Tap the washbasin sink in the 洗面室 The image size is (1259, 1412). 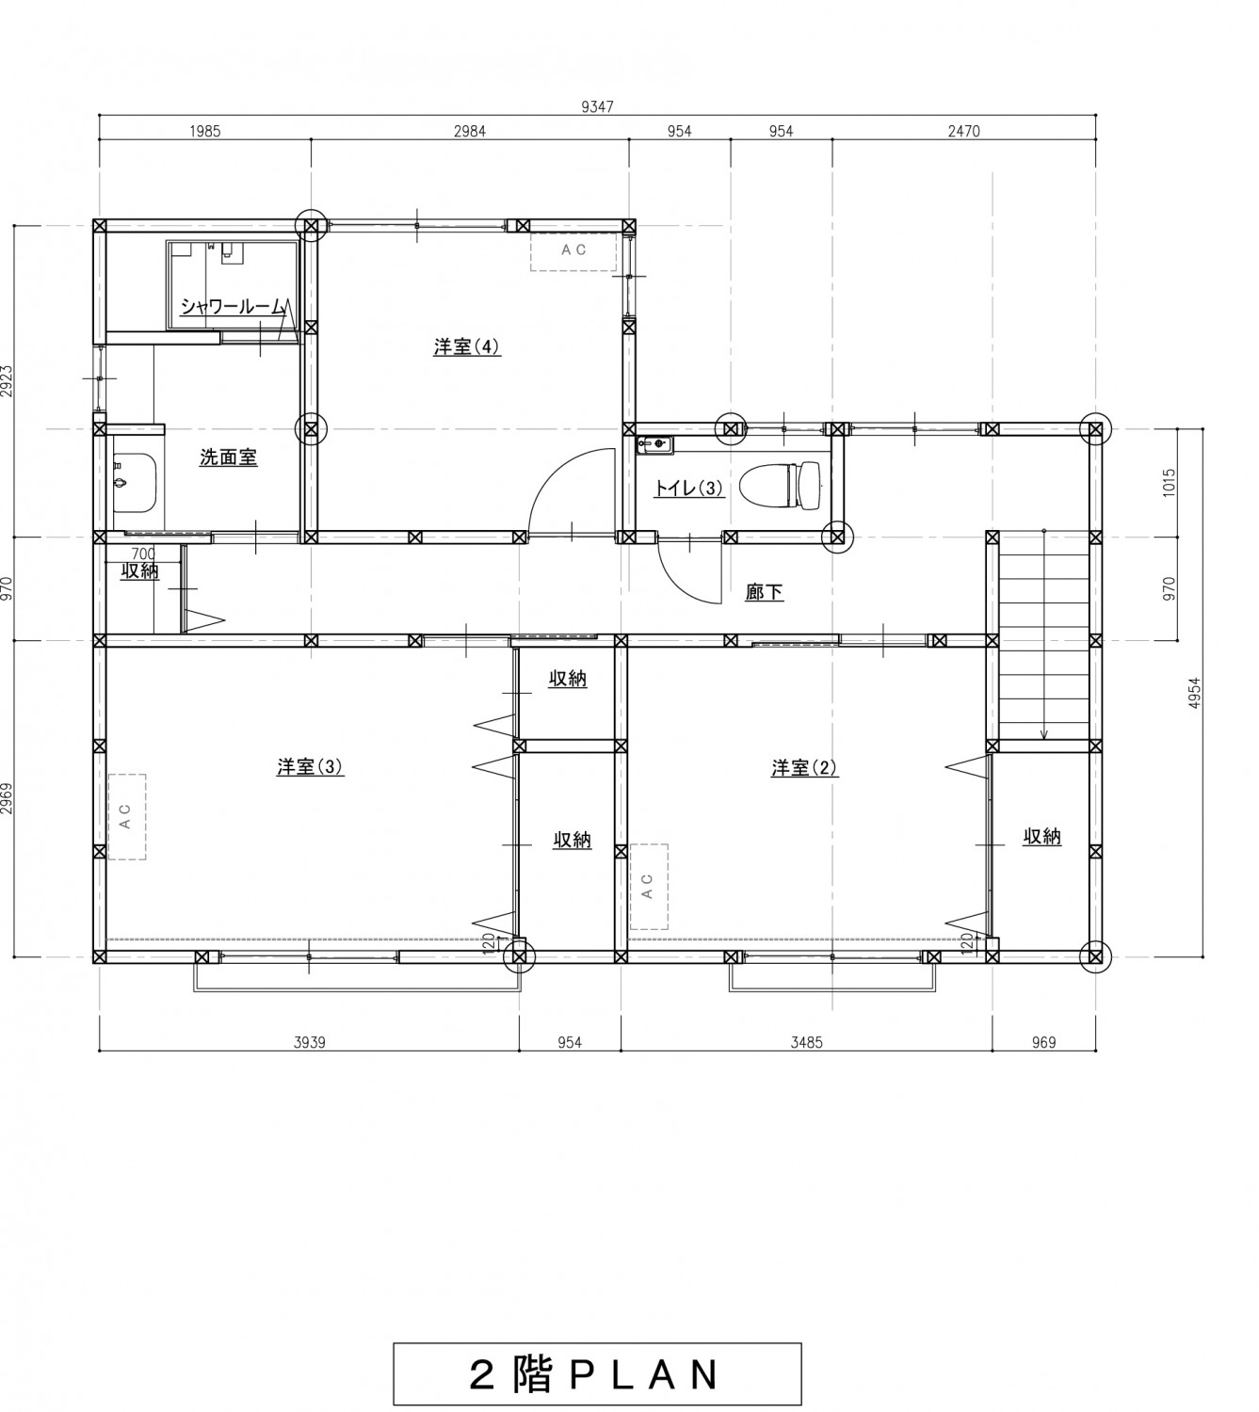[x=134, y=483]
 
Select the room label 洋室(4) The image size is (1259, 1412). [x=466, y=346]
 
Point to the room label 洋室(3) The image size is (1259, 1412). [x=310, y=766]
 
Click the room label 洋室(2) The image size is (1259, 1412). [x=804, y=767]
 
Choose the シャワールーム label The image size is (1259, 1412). [x=234, y=306]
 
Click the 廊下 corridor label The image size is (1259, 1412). [x=764, y=592]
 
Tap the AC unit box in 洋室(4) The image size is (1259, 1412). [x=573, y=251]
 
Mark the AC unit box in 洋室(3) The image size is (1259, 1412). [x=127, y=816]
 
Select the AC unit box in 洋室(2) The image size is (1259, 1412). [x=649, y=887]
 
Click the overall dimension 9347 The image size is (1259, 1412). [x=597, y=106]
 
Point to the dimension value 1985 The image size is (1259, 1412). [x=204, y=131]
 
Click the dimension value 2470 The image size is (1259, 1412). [x=963, y=131]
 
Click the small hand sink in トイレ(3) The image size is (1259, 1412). [x=654, y=444]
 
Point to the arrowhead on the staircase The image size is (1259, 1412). [x=1043, y=734]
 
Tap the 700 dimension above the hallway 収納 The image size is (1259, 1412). [x=143, y=554]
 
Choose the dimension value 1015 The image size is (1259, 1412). [x=1170, y=482]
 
